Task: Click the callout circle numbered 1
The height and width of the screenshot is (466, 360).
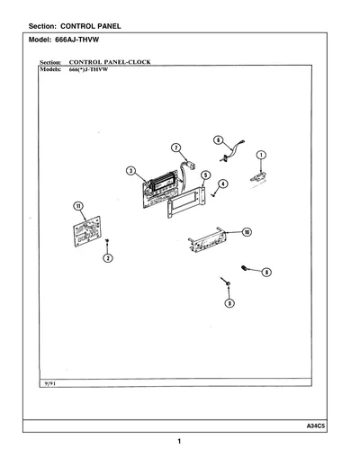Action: pos(261,155)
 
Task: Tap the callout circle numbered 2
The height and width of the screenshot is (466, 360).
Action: pos(108,258)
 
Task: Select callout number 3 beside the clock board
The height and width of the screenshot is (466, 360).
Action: pos(130,171)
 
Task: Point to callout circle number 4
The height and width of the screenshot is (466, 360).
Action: pos(222,184)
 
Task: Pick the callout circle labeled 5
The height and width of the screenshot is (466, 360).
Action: pos(205,175)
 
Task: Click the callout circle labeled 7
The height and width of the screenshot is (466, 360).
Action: pos(176,148)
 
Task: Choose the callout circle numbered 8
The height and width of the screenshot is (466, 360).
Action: pos(266,273)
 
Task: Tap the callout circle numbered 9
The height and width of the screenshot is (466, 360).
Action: pos(229,303)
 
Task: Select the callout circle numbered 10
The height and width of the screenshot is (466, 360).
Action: pos(247,232)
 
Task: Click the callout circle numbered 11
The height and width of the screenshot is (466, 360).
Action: pos(78,206)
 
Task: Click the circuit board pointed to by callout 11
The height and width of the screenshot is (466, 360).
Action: pos(87,231)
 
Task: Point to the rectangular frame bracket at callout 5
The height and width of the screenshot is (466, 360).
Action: pos(186,202)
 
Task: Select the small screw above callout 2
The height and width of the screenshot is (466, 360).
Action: pos(107,240)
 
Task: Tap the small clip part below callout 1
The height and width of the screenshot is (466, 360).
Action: pos(258,177)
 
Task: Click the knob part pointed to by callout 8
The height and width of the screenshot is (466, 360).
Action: pos(244,268)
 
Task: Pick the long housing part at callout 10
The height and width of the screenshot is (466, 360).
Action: pos(207,240)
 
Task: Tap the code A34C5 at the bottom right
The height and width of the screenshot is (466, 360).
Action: pos(316,426)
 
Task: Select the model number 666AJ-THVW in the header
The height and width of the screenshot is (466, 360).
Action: pos(76,40)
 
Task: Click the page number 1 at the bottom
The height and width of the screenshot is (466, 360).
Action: pos(179,441)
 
